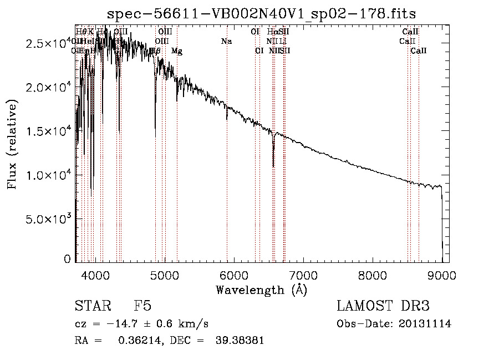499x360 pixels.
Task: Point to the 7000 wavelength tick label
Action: pos(303,275)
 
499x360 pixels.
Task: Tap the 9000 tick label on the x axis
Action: pos(442,275)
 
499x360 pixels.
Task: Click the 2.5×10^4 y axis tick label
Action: pos(47,43)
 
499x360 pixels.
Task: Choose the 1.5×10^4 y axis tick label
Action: pos(47,131)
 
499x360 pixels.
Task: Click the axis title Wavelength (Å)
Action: pos(261,290)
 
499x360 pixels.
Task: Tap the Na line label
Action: pos(226,42)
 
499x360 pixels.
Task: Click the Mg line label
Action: pos(177,51)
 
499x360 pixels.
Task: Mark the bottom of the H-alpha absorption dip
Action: pos(273,165)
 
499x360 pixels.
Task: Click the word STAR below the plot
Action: pos(91,306)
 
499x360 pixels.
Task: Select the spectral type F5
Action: pos(142,306)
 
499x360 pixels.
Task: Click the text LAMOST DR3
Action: pos(383,306)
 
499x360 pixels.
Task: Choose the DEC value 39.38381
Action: pos(239,341)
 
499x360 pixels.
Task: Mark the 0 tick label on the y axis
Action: pos(67,259)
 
